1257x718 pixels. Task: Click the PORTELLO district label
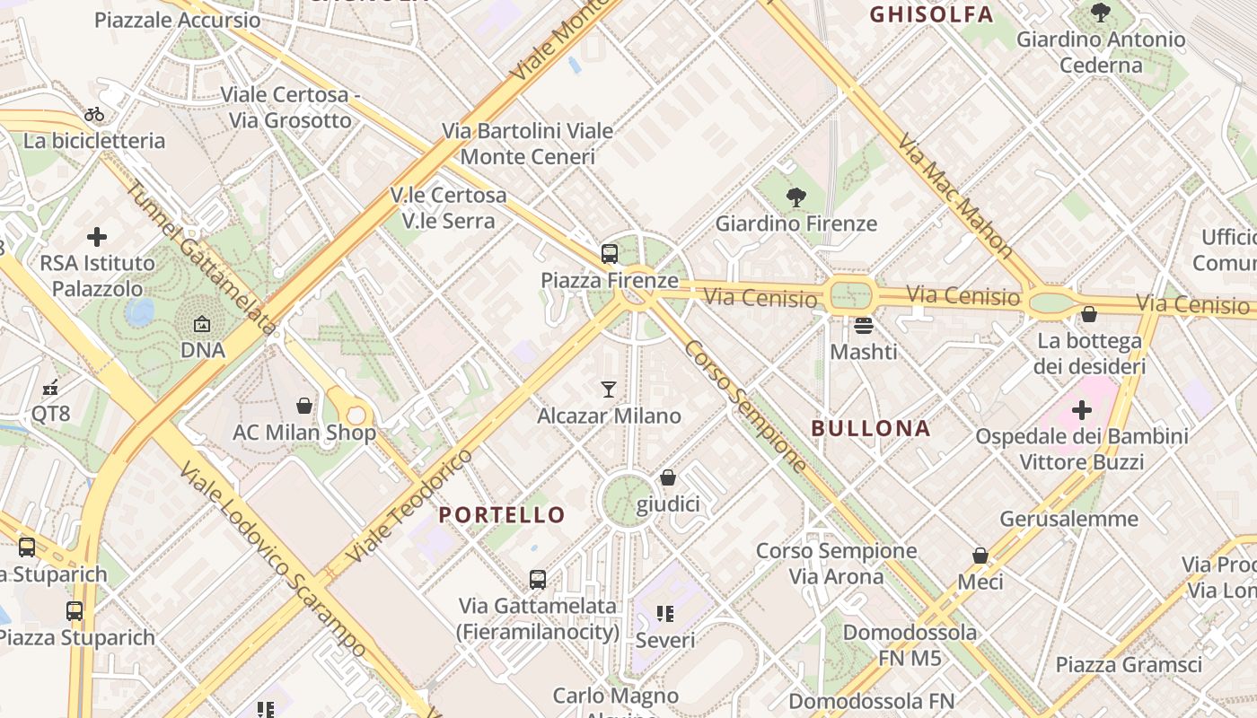point(502,515)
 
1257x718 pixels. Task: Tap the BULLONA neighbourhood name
point(871,428)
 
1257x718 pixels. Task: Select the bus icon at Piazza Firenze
point(610,254)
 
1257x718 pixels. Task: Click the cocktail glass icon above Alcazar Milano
point(609,390)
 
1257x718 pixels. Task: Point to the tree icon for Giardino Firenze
point(796,197)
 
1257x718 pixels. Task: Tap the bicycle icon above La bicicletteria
point(94,114)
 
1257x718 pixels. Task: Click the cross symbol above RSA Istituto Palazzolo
point(97,237)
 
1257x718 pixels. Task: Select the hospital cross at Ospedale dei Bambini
point(1082,410)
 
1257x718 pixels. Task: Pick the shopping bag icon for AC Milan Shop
point(304,406)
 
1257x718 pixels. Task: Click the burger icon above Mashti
point(864,325)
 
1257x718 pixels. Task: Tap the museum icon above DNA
point(202,324)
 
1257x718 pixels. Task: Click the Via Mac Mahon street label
point(955,197)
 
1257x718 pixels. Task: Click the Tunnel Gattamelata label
point(200,258)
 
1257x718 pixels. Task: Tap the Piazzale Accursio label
point(177,20)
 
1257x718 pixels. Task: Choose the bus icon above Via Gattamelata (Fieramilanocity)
point(538,580)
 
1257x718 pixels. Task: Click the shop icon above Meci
point(980,556)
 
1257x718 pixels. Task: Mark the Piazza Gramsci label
point(1129,665)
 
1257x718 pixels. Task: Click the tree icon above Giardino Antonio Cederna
point(1100,13)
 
